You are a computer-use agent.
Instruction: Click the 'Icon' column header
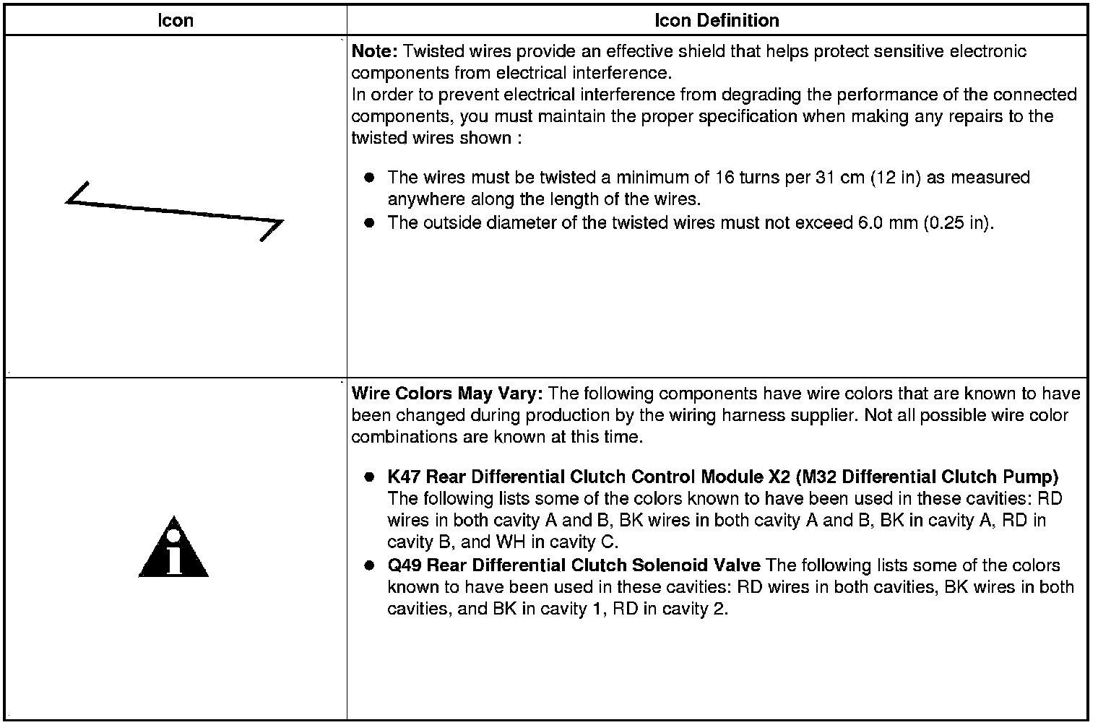pyautogui.click(x=176, y=20)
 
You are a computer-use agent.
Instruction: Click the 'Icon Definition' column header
pyautogui.click(x=717, y=20)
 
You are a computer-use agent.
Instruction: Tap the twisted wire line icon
pyautogui.click(x=174, y=211)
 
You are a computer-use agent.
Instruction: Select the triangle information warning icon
pyautogui.click(x=173, y=549)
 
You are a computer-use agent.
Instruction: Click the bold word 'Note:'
pyautogui.click(x=374, y=51)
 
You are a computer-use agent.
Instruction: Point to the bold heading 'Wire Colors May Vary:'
pyautogui.click(x=447, y=394)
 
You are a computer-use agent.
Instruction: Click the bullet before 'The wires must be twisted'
pyautogui.click(x=370, y=177)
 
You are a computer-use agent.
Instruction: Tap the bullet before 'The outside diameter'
pyautogui.click(x=370, y=222)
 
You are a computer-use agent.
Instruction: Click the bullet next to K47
pyautogui.click(x=370, y=477)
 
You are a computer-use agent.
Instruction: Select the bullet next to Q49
pyautogui.click(x=370, y=565)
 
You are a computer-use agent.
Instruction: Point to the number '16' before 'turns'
pyautogui.click(x=725, y=177)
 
